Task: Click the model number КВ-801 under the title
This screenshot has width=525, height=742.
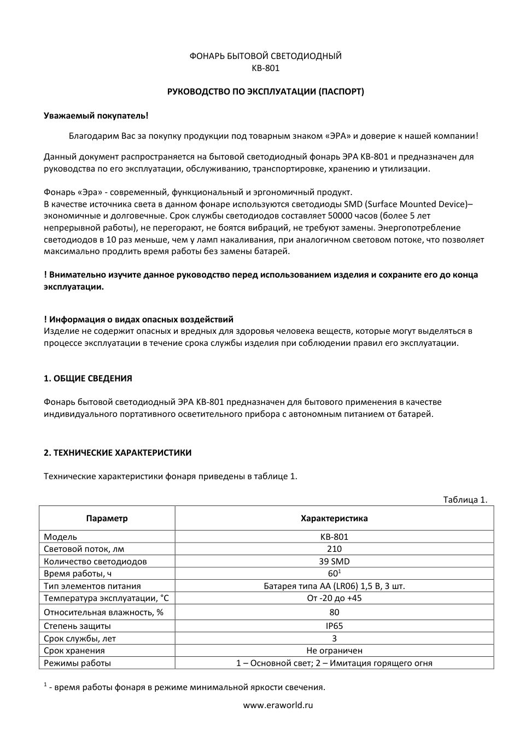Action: click(265, 68)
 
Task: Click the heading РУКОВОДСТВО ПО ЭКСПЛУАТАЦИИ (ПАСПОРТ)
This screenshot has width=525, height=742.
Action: click(265, 92)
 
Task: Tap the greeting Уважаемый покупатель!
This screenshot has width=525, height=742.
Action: click(96, 116)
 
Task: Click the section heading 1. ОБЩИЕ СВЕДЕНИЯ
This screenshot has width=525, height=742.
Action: click(87, 378)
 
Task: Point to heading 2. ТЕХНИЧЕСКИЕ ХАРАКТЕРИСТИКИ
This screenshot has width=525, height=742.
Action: click(118, 452)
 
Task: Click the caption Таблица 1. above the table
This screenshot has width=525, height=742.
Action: click(464, 499)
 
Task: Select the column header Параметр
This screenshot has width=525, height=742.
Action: click(107, 519)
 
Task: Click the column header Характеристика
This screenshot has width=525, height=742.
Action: click(334, 519)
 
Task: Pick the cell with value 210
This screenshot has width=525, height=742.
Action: click(334, 549)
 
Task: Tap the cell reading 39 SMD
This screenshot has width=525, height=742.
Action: click(334, 561)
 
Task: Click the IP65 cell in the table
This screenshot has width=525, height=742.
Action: click(334, 626)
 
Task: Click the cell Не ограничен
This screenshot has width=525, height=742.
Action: click(334, 651)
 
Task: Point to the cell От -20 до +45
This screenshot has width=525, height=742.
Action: click(334, 598)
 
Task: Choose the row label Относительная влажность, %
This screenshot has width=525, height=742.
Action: click(103, 612)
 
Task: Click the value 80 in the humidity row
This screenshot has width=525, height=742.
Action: click(334, 612)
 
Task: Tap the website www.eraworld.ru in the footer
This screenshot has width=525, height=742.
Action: click(278, 705)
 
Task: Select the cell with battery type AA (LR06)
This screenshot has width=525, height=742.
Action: click(334, 586)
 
